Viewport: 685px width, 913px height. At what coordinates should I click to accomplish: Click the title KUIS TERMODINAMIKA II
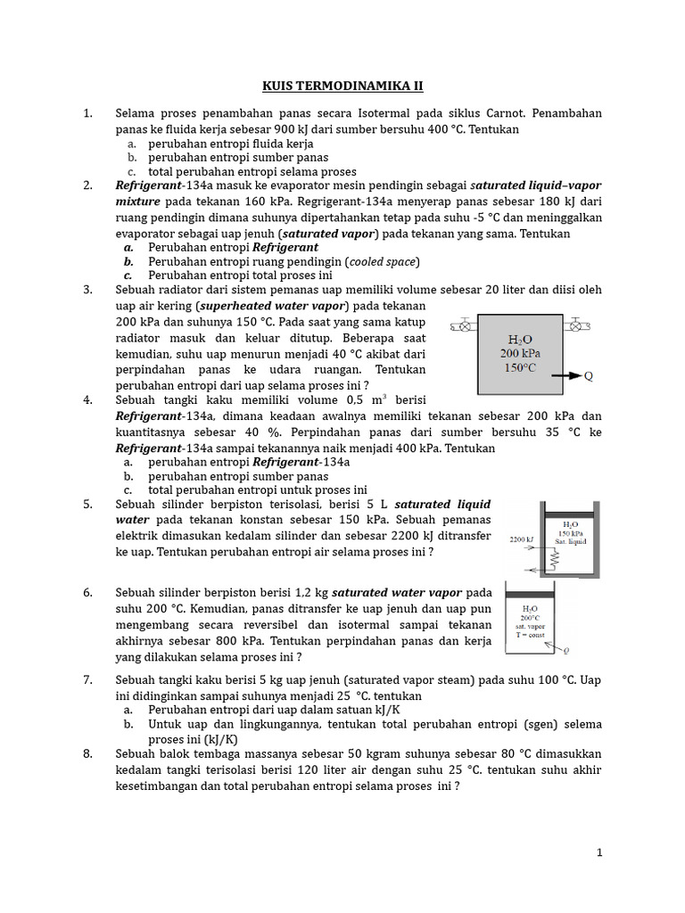pyautogui.click(x=342, y=86)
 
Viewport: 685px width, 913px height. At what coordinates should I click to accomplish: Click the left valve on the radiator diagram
pyautogui.click(x=462, y=326)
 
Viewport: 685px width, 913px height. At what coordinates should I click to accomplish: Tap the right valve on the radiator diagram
pyautogui.click(x=574, y=326)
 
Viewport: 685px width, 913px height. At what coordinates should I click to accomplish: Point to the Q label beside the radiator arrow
pyautogui.click(x=589, y=376)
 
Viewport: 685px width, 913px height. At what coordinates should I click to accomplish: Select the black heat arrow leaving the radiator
pyautogui.click(x=567, y=376)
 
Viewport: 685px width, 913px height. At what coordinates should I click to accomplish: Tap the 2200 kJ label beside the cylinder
pyautogui.click(x=522, y=539)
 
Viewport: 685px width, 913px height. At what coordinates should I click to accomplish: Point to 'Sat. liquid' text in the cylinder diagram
pyautogui.click(x=572, y=541)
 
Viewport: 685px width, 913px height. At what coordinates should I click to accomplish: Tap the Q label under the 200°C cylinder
pyautogui.click(x=567, y=651)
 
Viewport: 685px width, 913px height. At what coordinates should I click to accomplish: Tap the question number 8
pyautogui.click(x=88, y=754)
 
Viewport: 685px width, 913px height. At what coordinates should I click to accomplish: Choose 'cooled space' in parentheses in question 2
pyautogui.click(x=382, y=262)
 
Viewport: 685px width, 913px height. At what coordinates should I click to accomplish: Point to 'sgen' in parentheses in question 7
pyautogui.click(x=541, y=724)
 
